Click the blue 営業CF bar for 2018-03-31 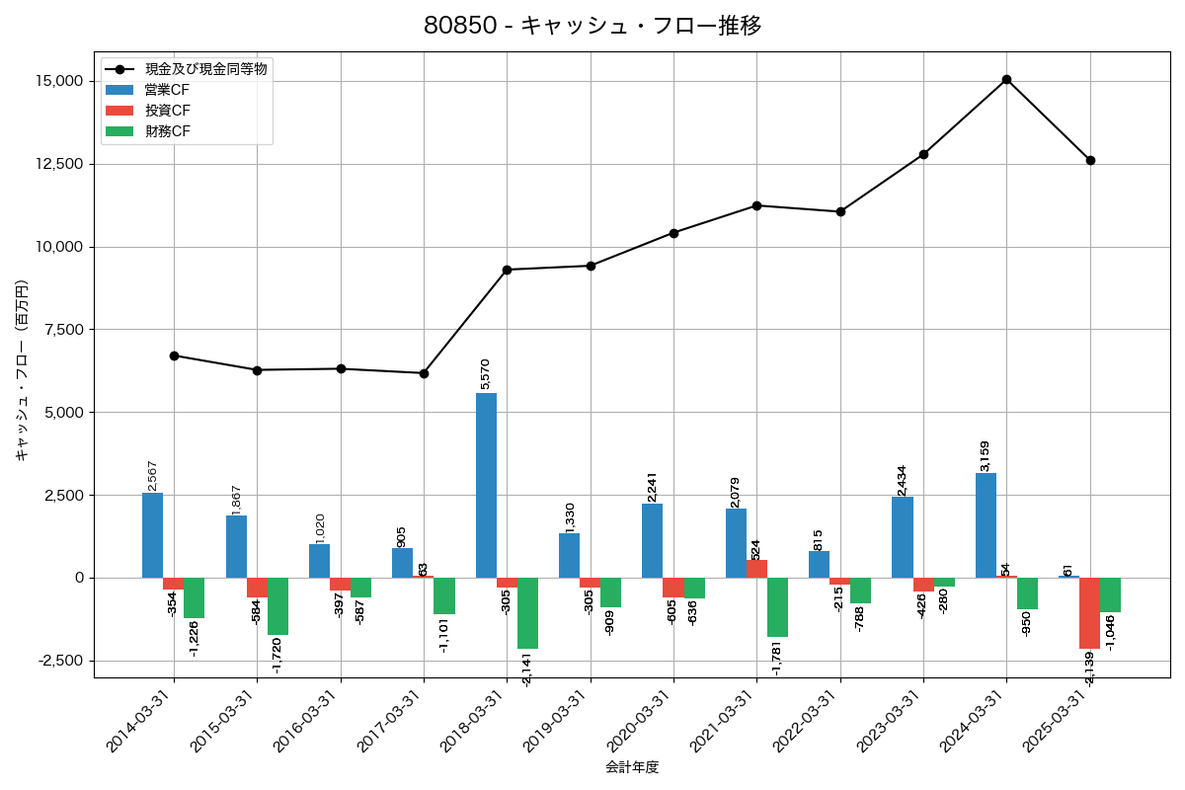[x=486, y=485]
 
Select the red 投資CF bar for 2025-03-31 [x=1089, y=612]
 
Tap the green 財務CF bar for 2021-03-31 [x=777, y=607]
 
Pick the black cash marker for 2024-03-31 [x=1006, y=79]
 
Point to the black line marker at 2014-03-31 [x=174, y=355]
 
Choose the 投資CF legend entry [x=168, y=111]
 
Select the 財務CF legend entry [x=168, y=131]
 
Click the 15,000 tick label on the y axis [x=56, y=81]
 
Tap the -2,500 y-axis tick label [x=56, y=661]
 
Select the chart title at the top [x=592, y=26]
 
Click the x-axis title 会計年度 [x=632, y=767]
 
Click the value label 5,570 [x=484, y=374]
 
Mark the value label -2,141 [x=527, y=668]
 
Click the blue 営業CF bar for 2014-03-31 [x=152, y=535]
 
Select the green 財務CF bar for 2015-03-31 [x=277, y=606]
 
